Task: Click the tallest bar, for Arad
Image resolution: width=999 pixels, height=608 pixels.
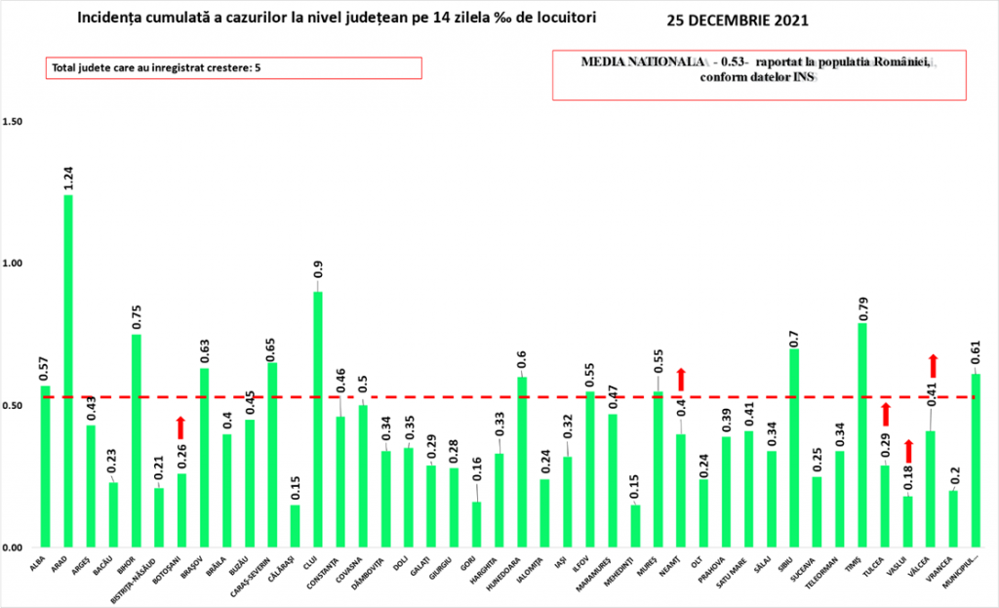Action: click(x=68, y=371)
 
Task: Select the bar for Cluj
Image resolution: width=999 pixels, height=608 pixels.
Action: click(x=318, y=420)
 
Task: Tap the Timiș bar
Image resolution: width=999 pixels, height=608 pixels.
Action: click(x=862, y=435)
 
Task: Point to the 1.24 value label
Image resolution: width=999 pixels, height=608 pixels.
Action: click(x=68, y=179)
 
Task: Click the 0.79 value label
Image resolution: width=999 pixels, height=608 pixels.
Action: click(x=862, y=306)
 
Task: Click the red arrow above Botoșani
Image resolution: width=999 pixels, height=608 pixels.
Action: click(x=181, y=426)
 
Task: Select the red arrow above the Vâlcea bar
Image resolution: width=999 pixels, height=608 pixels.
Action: click(x=933, y=365)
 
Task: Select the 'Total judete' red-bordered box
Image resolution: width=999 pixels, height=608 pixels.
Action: click(x=231, y=67)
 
